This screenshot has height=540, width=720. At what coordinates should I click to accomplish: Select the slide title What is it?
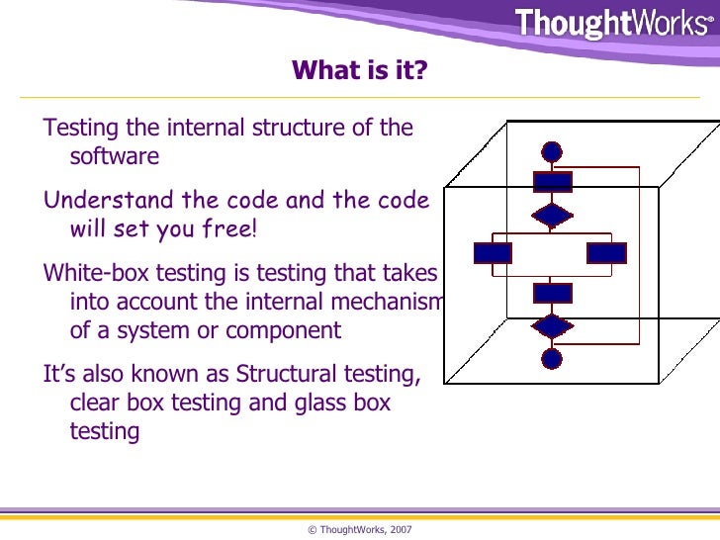point(360,71)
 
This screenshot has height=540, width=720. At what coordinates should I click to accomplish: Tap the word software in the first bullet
point(114,157)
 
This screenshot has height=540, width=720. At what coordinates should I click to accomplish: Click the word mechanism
point(392,302)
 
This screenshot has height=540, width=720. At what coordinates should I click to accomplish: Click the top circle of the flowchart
point(552,151)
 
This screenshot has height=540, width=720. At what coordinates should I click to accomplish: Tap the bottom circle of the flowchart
point(552,358)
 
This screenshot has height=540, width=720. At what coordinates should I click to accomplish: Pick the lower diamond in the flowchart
point(552,326)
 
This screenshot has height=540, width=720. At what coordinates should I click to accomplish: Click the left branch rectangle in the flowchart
point(493,252)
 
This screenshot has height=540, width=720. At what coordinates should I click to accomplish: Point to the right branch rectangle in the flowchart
point(606,252)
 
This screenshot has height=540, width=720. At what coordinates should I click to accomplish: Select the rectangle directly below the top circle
point(552,182)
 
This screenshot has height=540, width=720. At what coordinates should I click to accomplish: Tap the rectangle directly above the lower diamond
point(552,293)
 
